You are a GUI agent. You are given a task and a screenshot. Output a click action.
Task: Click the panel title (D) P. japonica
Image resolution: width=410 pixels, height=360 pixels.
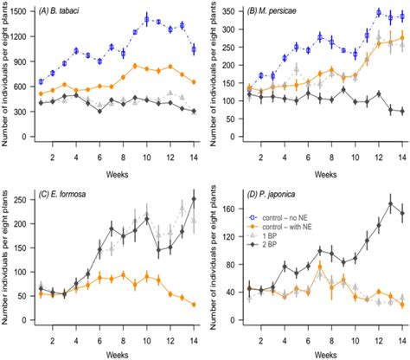pyautogui.click(x=276, y=192)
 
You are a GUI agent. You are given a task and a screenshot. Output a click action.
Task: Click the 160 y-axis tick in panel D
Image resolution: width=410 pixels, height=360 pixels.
pyautogui.click(x=228, y=209)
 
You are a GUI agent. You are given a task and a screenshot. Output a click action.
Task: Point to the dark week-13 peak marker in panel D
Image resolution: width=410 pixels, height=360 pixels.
pyautogui.click(x=391, y=204)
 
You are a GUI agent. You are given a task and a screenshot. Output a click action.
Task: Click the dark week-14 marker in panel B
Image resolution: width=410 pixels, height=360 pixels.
pyautogui.click(x=402, y=111)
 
